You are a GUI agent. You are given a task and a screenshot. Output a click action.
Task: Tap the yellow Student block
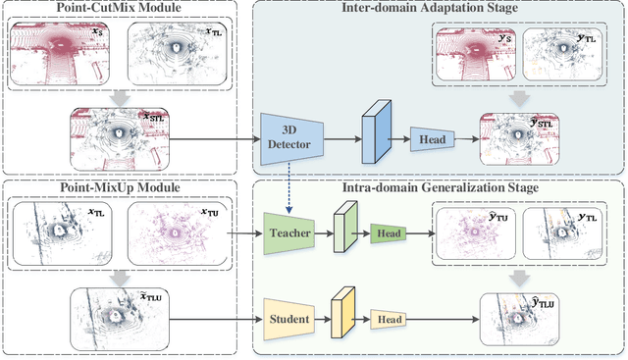288,319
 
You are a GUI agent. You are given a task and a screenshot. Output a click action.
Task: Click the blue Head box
432,139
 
